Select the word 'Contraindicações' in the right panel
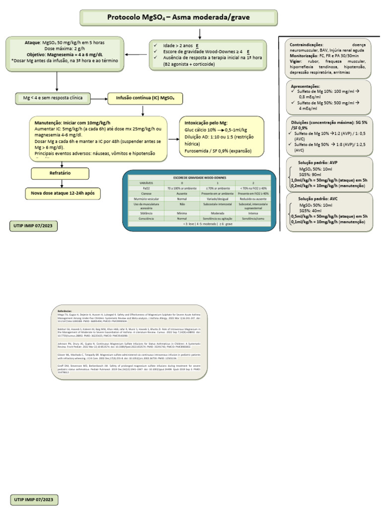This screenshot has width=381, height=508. [x=306, y=45]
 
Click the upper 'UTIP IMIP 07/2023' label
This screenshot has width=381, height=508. [x=34, y=226]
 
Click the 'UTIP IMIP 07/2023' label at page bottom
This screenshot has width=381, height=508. [x=34, y=498]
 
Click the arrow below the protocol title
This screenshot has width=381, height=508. [x=199, y=34]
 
